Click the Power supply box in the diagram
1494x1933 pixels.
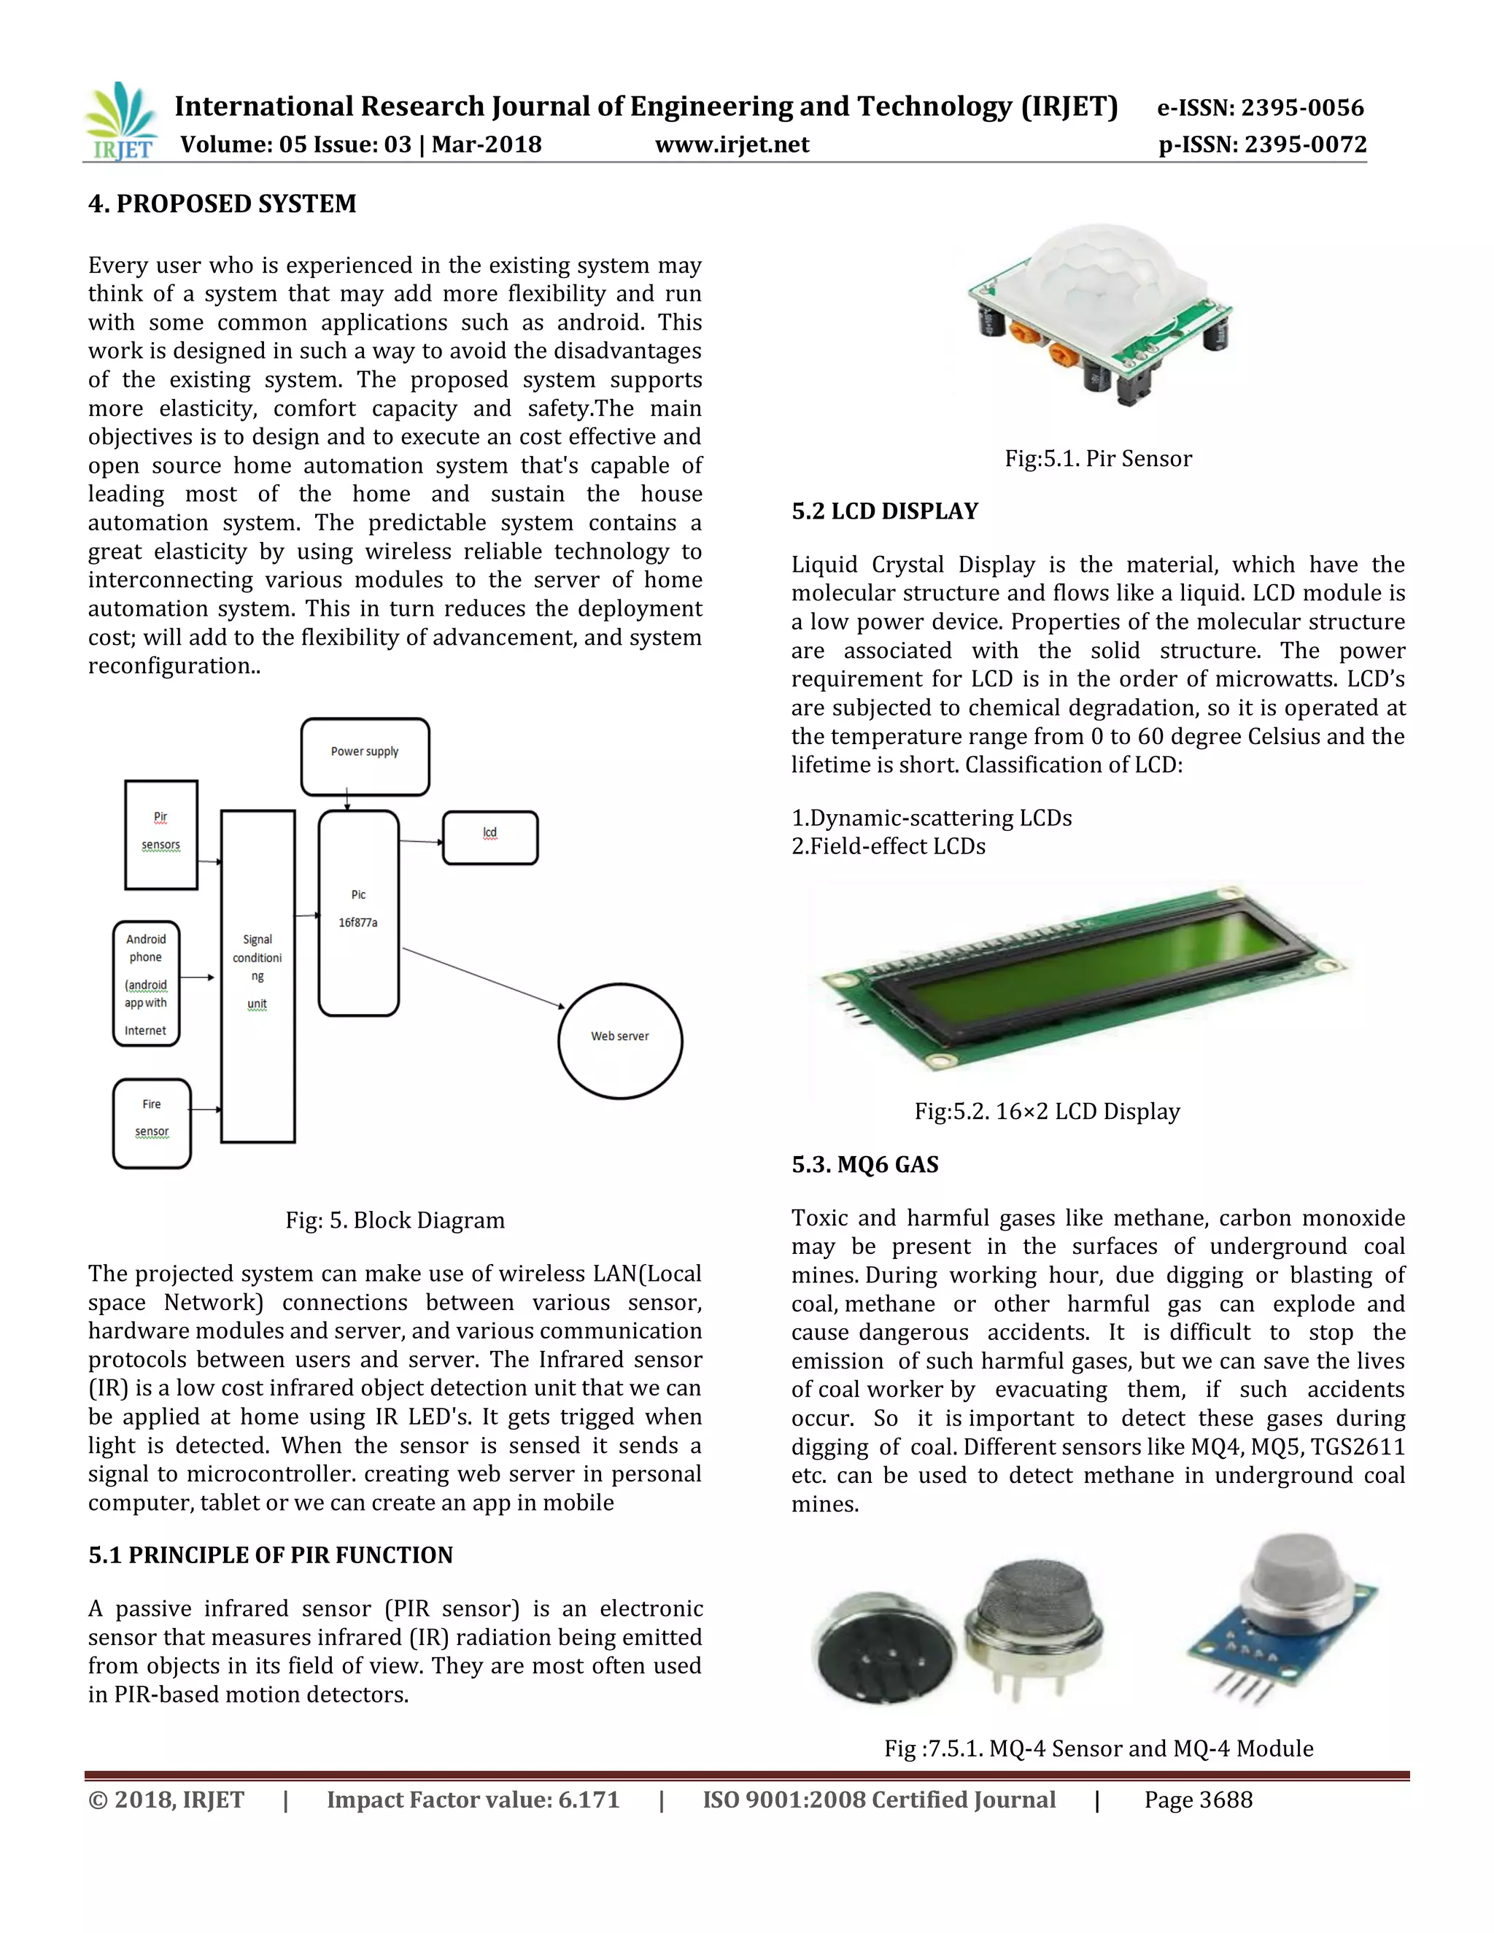click(x=365, y=756)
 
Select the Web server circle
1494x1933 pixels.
click(x=619, y=1041)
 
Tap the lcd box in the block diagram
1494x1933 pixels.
click(x=489, y=837)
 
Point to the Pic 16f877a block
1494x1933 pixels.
click(x=358, y=913)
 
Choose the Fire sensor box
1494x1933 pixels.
click(x=151, y=1123)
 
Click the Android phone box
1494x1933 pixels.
click(x=146, y=983)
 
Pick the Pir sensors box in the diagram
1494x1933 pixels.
click(x=160, y=834)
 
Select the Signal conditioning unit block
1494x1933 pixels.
click(x=258, y=975)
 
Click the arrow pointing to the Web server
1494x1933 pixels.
click(x=483, y=978)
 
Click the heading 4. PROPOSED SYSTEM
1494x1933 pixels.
click(x=222, y=204)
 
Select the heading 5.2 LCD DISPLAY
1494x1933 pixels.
click(x=884, y=511)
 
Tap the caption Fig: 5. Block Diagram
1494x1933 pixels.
click(x=395, y=1220)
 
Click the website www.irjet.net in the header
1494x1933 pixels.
click(x=731, y=144)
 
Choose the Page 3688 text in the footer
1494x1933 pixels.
click(x=1198, y=1800)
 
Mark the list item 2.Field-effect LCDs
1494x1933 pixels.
click(x=888, y=846)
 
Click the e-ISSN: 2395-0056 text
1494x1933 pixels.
click(x=1259, y=108)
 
